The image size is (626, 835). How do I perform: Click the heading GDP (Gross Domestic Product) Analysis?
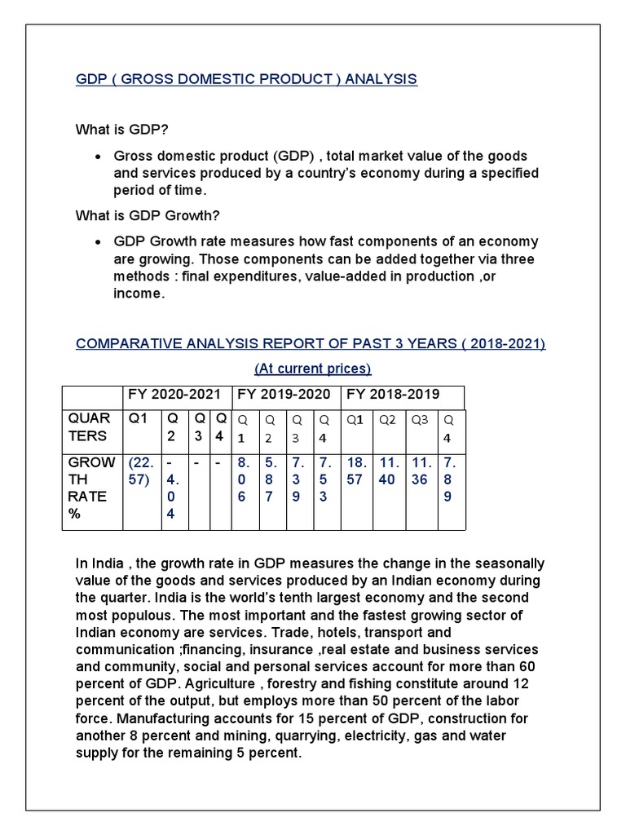[246, 79]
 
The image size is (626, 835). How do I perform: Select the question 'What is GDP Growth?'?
[148, 215]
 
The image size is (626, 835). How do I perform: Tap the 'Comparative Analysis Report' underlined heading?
[311, 343]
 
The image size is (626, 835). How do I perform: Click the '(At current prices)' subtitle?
[312, 369]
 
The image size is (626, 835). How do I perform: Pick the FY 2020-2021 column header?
[174, 395]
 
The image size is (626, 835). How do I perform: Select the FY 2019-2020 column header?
[284, 395]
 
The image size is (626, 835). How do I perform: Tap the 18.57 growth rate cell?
[357, 472]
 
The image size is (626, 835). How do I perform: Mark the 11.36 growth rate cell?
[420, 472]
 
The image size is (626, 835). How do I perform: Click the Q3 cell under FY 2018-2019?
[420, 420]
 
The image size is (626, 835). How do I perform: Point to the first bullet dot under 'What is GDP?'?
[98, 157]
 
